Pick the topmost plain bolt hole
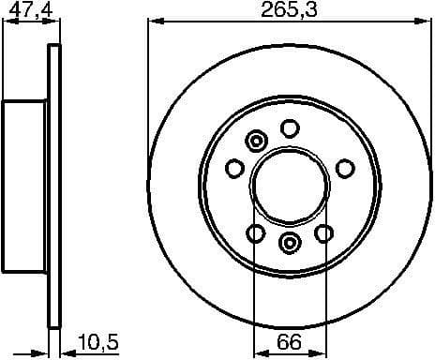291,127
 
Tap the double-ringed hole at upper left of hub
255,142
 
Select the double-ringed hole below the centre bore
290,244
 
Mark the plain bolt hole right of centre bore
346,168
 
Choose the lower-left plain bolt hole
255,232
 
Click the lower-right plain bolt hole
324,232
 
